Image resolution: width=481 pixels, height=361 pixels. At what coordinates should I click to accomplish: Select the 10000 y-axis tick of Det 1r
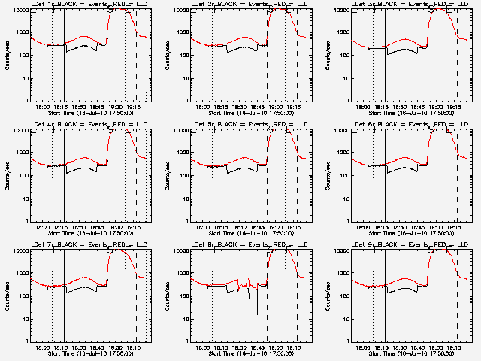coord(17,11)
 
